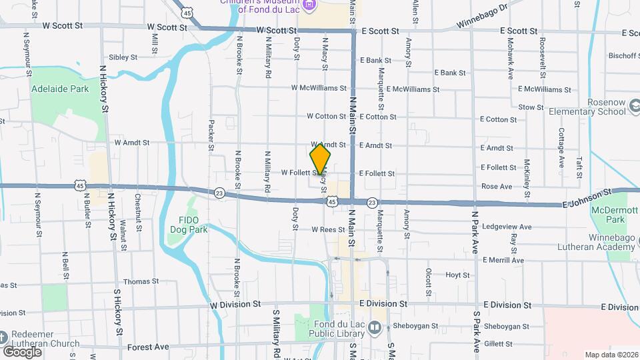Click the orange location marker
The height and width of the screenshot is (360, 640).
coord(321,159)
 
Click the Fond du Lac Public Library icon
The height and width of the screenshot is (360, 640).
coord(375,328)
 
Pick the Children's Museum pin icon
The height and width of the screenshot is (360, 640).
coord(308,6)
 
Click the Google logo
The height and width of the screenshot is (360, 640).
coord(23,351)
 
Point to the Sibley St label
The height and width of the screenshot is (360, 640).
coord(123,57)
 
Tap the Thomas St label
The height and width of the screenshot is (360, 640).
coord(140,281)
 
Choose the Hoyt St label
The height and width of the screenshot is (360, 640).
coord(457,275)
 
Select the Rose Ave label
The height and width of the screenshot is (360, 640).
coord(497,187)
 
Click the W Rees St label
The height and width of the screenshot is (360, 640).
coord(327,229)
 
